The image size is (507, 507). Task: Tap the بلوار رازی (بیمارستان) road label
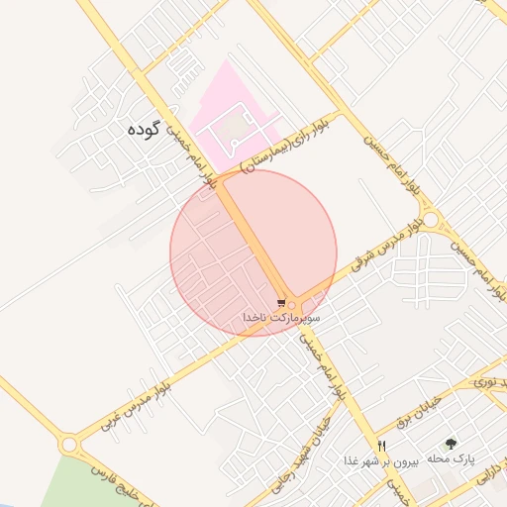pos(287,146)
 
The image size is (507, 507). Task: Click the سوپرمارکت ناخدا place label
pos(281,317)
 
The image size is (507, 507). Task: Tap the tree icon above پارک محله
pos(453,445)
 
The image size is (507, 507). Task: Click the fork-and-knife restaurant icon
pos(381,446)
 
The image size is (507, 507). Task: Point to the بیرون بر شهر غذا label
pos(382,461)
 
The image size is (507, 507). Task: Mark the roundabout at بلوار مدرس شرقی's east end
pos(431,219)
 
